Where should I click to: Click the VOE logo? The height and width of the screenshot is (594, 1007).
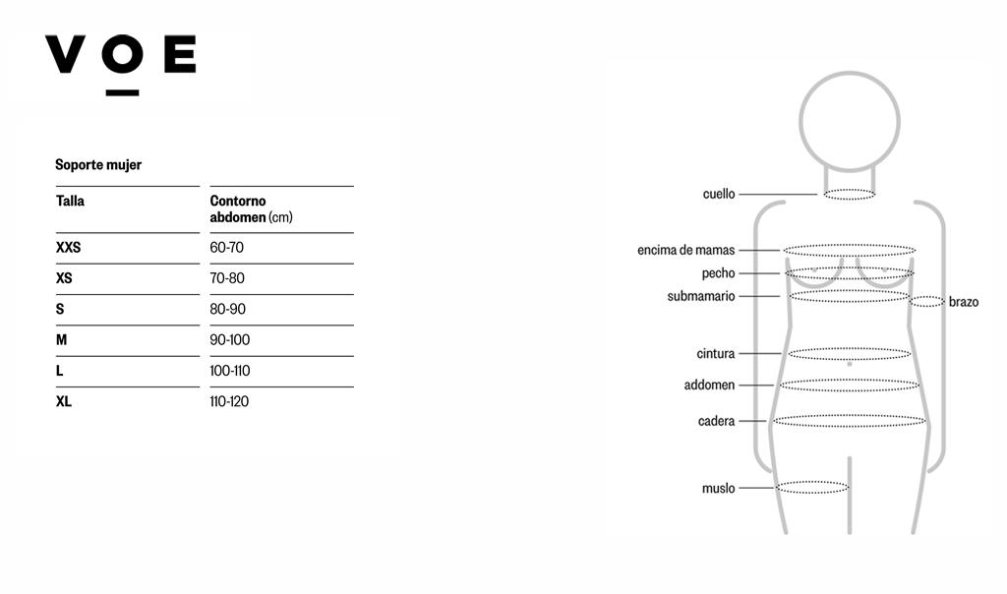click(x=121, y=64)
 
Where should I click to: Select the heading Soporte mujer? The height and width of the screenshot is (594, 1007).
click(x=98, y=165)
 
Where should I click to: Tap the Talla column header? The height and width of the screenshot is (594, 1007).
click(x=70, y=201)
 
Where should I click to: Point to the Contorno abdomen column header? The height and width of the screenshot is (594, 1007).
click(x=251, y=209)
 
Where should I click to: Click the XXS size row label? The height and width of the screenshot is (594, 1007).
click(x=68, y=247)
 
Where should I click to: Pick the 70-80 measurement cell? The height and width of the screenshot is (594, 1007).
click(x=227, y=278)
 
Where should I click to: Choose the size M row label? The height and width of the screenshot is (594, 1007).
click(x=62, y=339)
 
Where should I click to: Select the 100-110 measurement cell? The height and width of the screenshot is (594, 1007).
click(x=230, y=371)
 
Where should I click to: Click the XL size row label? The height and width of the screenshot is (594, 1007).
click(x=64, y=401)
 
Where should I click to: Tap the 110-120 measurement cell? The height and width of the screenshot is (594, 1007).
click(x=229, y=401)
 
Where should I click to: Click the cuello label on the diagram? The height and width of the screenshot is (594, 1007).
click(x=719, y=194)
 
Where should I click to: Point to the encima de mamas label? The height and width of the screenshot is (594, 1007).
click(x=685, y=250)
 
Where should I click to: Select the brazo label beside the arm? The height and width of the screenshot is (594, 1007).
click(x=964, y=302)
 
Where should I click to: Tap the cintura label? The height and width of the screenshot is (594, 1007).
click(x=716, y=354)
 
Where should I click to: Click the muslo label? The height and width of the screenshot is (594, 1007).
click(x=718, y=488)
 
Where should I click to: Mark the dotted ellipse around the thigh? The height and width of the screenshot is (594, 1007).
click(x=812, y=482)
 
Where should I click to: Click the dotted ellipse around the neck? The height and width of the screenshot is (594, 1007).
click(x=850, y=190)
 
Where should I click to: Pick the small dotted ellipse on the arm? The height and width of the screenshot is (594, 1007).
click(x=926, y=297)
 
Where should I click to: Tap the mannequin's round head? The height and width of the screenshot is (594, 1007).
click(x=850, y=73)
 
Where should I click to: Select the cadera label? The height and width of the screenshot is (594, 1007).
click(x=716, y=421)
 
